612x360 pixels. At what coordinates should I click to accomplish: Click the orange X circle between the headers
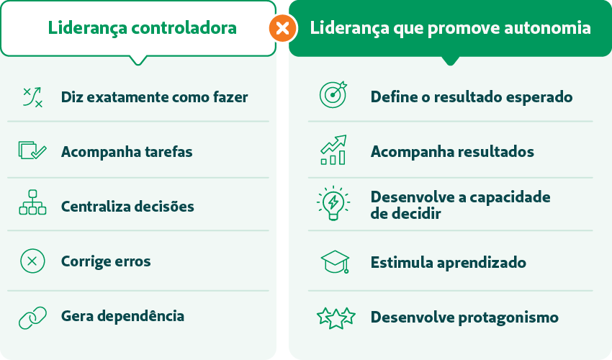[x=282, y=28]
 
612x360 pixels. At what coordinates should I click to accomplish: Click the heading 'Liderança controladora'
[x=143, y=28]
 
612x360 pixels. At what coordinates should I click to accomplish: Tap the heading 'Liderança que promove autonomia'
[x=451, y=28]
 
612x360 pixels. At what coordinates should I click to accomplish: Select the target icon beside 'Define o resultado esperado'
[x=333, y=94]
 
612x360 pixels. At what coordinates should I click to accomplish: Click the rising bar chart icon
[x=333, y=150]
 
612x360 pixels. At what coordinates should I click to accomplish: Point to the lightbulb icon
[x=333, y=203]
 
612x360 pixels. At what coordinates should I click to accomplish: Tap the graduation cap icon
[x=335, y=261]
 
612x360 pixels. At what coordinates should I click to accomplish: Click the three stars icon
[x=336, y=318]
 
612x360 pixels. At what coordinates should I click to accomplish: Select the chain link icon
[x=33, y=318]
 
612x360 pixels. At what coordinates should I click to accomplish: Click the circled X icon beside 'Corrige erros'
[x=32, y=261]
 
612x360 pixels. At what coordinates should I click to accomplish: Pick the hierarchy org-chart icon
[x=33, y=202]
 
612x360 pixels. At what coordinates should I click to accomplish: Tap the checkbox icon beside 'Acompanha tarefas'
[x=32, y=150]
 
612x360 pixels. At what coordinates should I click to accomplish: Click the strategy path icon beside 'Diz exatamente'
[x=33, y=97]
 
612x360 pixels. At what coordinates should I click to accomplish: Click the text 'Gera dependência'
[x=122, y=316]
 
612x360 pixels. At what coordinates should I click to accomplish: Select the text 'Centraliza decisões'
[x=127, y=207]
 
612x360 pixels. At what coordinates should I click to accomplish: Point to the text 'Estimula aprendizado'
[x=449, y=263]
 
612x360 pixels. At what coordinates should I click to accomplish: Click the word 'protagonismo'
[x=508, y=318]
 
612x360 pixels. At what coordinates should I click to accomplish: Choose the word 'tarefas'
[x=168, y=151]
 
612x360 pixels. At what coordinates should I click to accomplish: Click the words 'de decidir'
[x=405, y=214]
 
